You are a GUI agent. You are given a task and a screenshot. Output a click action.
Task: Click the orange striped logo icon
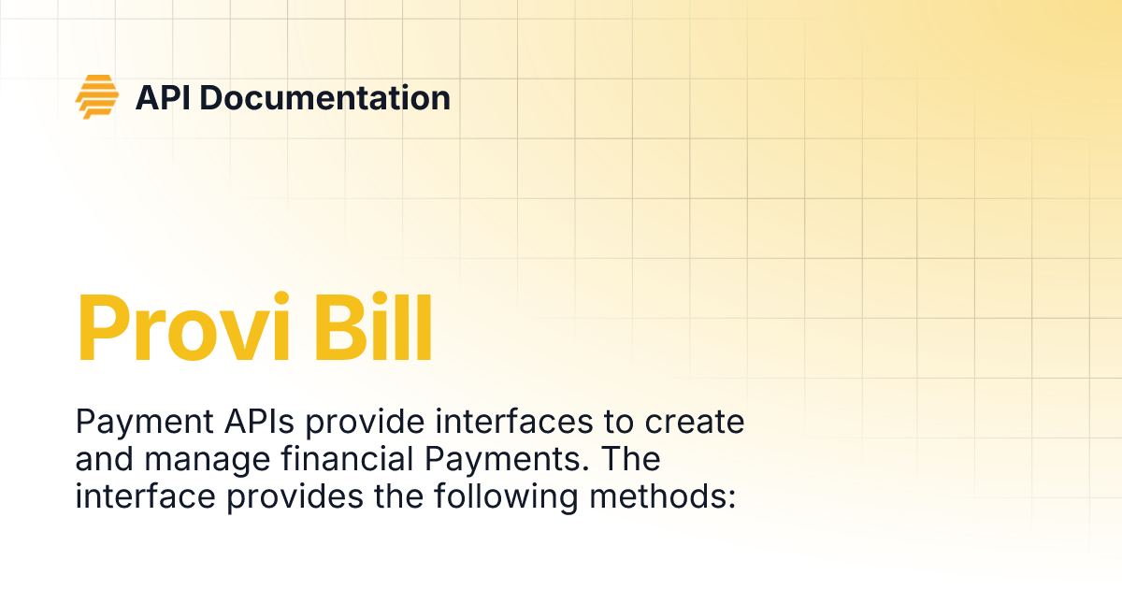[x=97, y=96]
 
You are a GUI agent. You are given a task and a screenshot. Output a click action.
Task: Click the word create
[x=694, y=423]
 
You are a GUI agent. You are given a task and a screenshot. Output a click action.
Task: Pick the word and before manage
[x=102, y=460]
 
